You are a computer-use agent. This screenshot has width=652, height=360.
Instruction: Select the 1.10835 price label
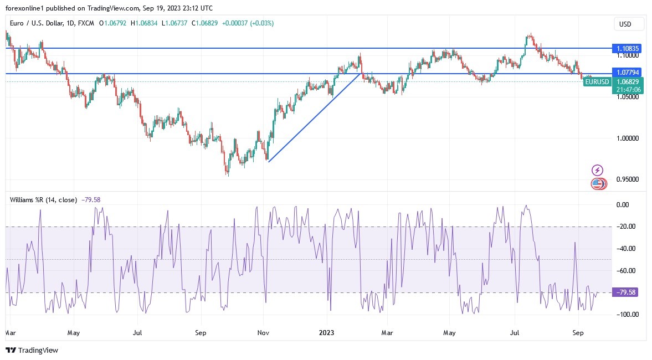point(628,49)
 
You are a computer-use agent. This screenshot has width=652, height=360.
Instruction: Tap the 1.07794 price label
point(628,73)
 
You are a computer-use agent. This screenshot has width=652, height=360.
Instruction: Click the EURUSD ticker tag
point(597,82)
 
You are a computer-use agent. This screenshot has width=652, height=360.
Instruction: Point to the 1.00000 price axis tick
point(628,138)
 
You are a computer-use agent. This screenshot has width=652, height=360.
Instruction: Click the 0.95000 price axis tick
point(628,179)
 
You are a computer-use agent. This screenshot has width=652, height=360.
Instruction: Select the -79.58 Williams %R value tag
point(625,292)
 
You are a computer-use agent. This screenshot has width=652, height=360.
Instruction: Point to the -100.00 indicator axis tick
point(627,315)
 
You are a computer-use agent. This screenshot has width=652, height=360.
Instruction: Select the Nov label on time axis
point(263,333)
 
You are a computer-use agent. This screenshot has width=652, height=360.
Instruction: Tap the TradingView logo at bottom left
point(32,350)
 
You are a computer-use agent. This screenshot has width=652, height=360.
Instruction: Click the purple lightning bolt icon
point(597,170)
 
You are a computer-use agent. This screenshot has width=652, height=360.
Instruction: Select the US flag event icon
point(597,183)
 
